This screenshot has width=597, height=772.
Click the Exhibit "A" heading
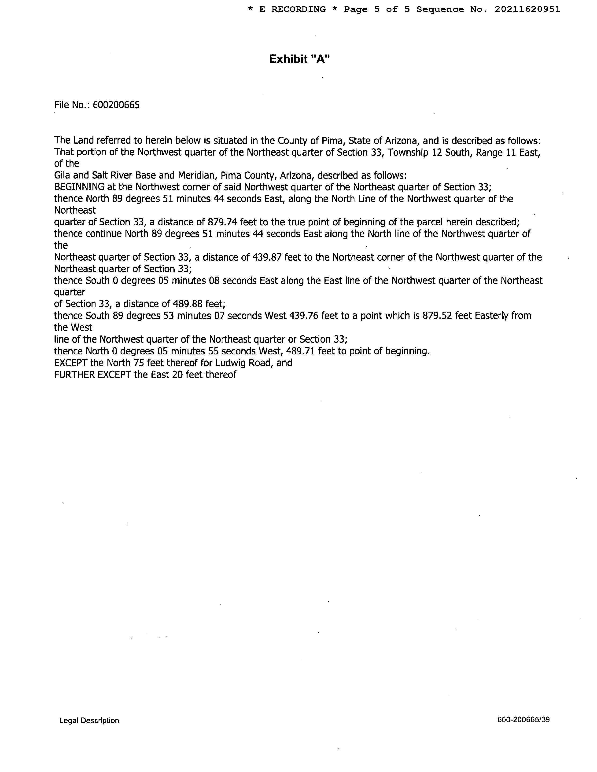pyautogui.click(x=299, y=59)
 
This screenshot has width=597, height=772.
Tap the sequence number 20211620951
pyautogui.click(x=527, y=10)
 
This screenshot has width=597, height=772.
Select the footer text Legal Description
pyautogui.click(x=89, y=720)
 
